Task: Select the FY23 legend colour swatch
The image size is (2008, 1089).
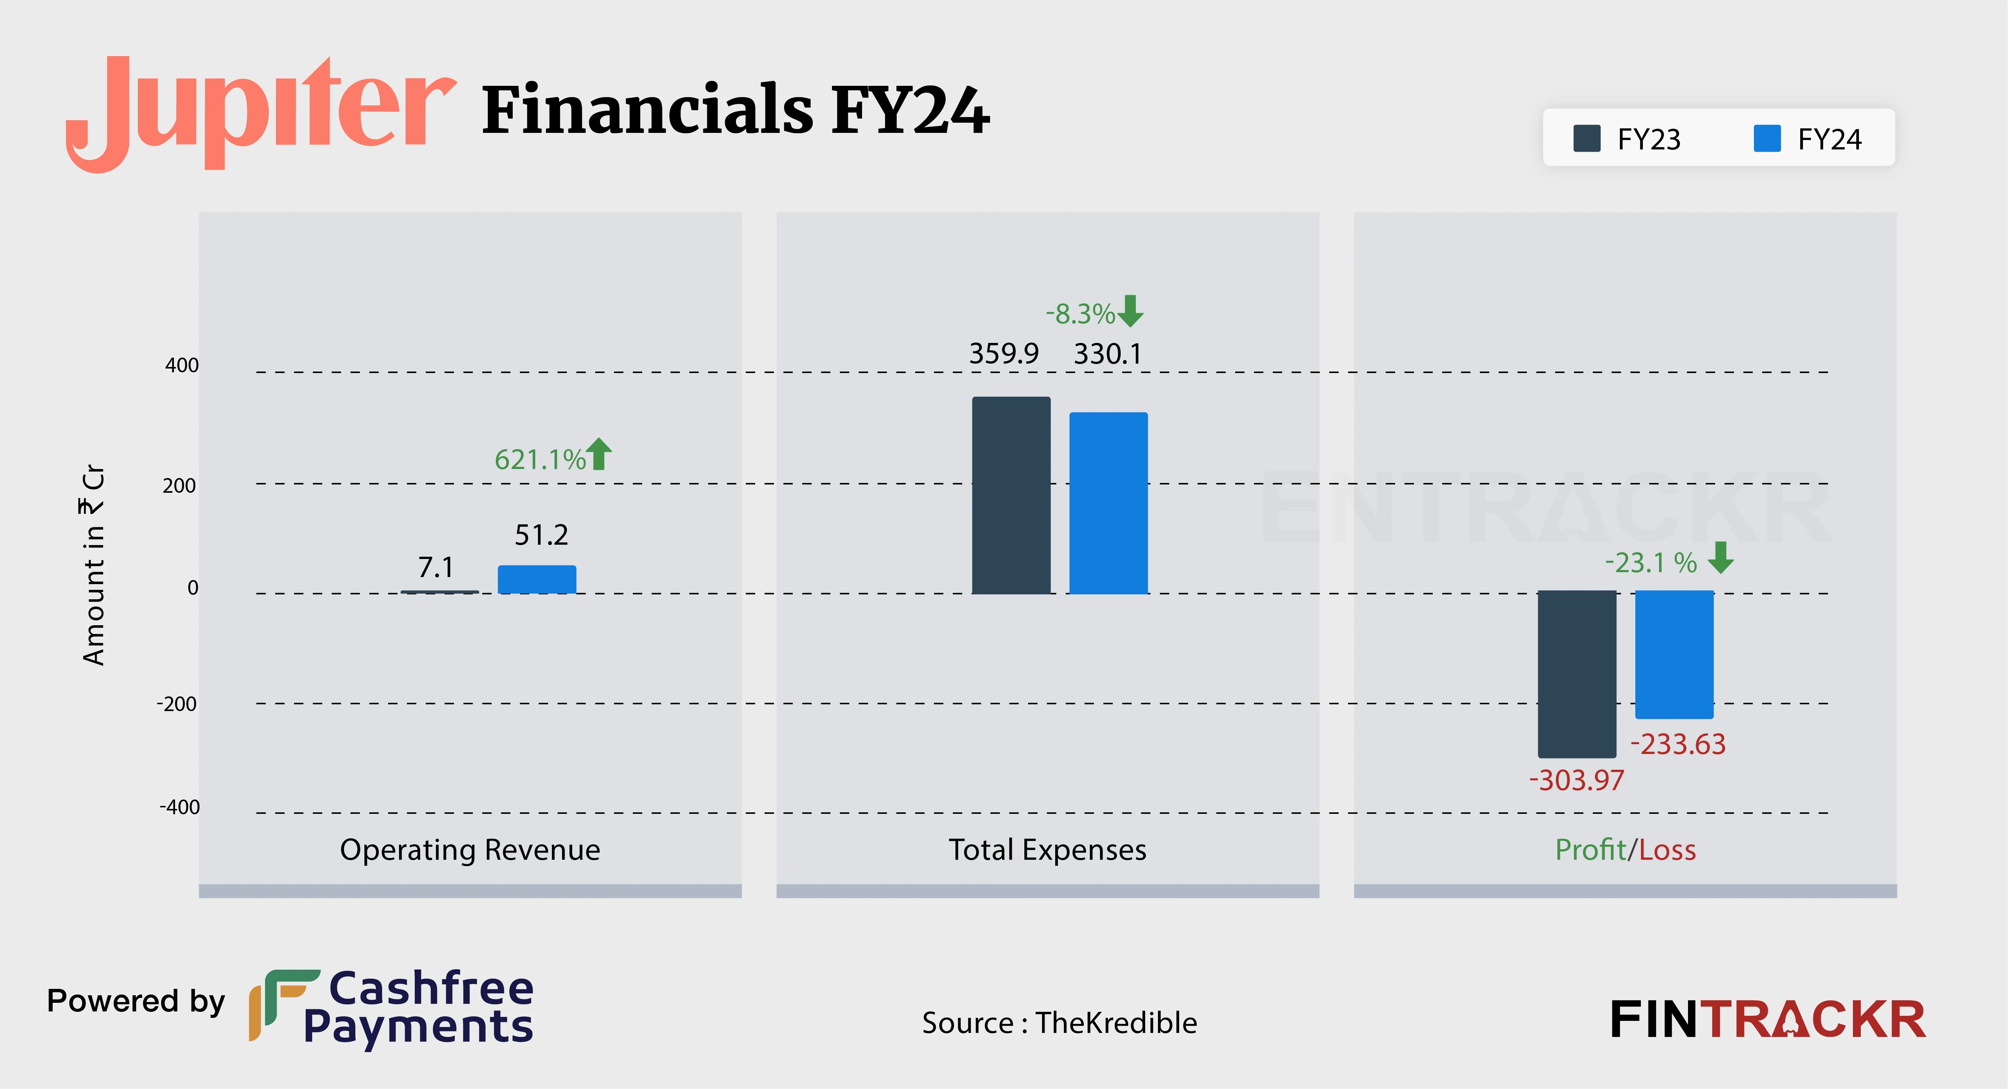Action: [1586, 139]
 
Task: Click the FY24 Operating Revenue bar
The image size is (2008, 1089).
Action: [537, 579]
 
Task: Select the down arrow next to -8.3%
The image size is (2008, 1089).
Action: [1130, 311]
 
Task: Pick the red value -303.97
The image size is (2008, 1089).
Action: [1576, 780]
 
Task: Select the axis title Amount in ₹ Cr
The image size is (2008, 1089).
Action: [93, 565]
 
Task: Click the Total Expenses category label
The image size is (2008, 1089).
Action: [1047, 850]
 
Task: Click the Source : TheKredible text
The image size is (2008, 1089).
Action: [1059, 1023]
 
